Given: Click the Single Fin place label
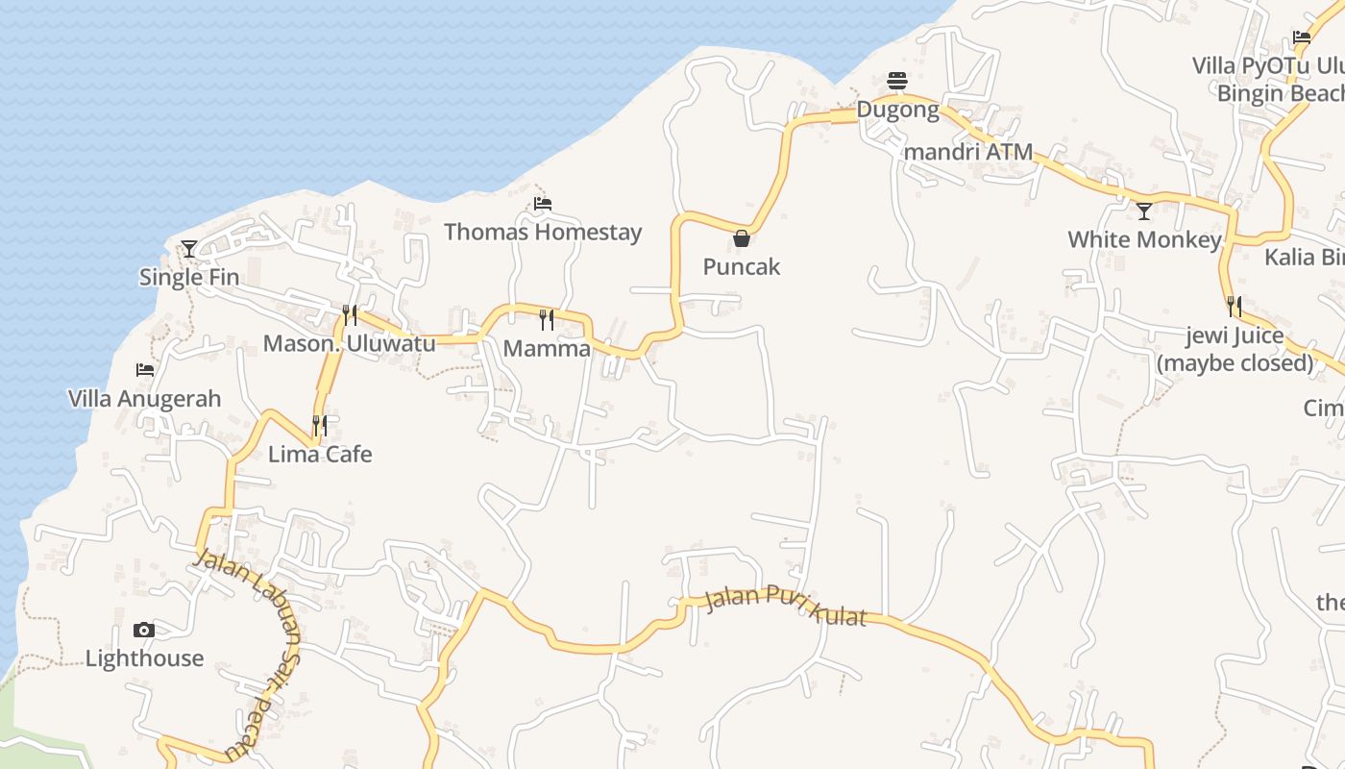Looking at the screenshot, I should click(x=189, y=278).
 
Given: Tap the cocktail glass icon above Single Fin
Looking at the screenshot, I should click(x=189, y=249).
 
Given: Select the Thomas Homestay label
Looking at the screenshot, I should click(x=543, y=233).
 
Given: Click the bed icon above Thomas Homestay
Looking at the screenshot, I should click(x=543, y=204).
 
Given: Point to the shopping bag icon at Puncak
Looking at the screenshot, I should click(x=742, y=238).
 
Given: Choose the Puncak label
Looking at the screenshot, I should click(x=742, y=267).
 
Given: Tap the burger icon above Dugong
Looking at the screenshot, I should click(x=897, y=81).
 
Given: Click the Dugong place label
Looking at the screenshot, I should click(x=897, y=110).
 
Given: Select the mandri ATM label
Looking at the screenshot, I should click(x=968, y=152).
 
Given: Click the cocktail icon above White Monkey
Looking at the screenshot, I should click(x=1144, y=211).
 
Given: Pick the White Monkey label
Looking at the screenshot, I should click(x=1144, y=239).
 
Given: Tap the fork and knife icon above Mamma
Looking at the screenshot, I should click(x=547, y=319).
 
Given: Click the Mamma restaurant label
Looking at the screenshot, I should click(x=547, y=349).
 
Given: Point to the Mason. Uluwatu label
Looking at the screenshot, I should click(x=349, y=343).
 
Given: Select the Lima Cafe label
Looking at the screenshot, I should click(x=320, y=454).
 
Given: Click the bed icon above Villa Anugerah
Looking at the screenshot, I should click(x=145, y=370).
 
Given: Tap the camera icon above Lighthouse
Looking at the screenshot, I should click(x=144, y=631).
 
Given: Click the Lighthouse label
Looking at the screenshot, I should click(x=144, y=658).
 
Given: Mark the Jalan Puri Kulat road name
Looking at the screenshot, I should click(x=786, y=606).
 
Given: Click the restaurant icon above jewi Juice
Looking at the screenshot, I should click(x=1235, y=307).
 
